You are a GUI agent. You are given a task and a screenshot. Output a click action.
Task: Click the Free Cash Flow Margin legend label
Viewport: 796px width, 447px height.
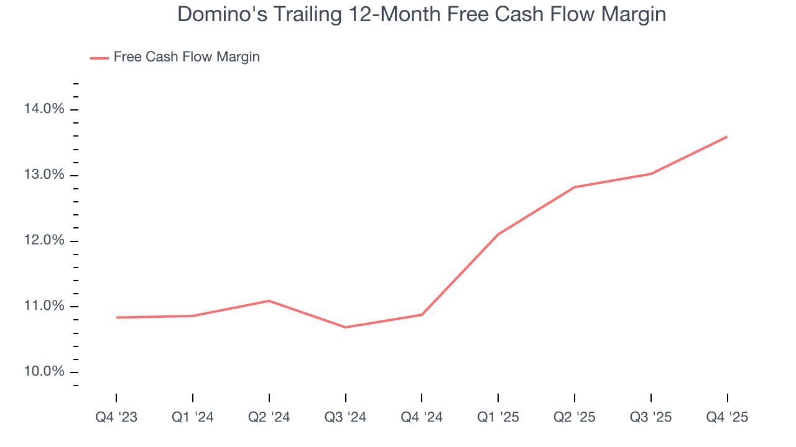tap(187, 57)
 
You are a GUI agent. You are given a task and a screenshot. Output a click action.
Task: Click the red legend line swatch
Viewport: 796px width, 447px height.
tap(99, 58)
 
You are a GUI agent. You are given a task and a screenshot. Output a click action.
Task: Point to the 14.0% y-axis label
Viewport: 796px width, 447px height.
tap(44, 109)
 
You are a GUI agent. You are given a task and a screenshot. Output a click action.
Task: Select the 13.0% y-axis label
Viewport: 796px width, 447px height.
tap(44, 175)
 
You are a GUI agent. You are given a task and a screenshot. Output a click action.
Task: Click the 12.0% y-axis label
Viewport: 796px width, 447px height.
tap(44, 241)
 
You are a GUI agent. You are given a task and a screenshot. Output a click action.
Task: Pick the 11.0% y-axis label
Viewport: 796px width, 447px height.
tap(44, 306)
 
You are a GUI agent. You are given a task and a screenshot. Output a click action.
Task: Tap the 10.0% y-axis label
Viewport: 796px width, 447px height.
tap(44, 372)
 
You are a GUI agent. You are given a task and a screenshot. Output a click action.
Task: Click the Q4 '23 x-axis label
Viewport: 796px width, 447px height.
tap(116, 418)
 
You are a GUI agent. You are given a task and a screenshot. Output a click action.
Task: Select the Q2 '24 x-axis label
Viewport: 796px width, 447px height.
tap(269, 418)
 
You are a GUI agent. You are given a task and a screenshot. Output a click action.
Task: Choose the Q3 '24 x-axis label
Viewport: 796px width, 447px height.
tap(346, 418)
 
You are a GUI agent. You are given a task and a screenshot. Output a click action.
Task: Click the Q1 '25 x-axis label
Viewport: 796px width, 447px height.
tap(498, 418)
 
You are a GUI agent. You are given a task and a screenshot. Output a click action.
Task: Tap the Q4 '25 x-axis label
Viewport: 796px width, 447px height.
tap(727, 418)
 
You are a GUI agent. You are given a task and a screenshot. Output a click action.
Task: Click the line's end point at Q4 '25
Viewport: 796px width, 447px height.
tap(727, 137)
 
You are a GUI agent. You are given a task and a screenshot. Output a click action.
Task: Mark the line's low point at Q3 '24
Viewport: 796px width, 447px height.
tap(346, 327)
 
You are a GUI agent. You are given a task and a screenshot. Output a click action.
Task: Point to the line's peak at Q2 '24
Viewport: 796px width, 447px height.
tap(269, 301)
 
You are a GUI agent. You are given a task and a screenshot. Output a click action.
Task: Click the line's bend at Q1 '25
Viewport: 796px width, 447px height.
tap(498, 234)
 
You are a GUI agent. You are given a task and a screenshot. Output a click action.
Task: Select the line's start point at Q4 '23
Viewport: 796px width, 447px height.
tap(116, 317)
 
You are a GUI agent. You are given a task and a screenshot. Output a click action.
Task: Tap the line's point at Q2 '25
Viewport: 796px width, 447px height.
tap(575, 187)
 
